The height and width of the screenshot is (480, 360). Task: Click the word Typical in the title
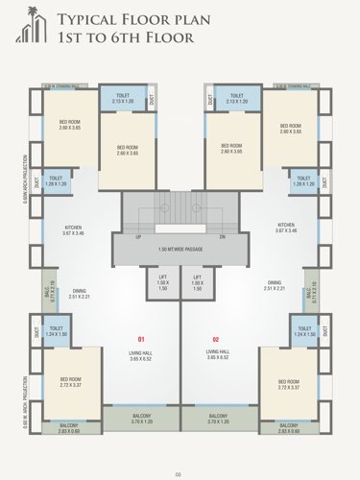(84, 19)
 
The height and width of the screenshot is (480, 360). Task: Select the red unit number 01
(140, 340)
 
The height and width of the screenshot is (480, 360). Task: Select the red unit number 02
(216, 340)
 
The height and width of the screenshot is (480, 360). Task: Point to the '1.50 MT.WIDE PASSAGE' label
(179, 249)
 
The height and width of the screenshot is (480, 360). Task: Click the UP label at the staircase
(139, 236)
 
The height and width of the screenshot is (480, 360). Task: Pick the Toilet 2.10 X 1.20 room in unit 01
(123, 98)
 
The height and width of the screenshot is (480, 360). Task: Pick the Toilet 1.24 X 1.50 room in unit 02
(304, 332)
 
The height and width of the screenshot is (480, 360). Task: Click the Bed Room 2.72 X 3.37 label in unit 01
(71, 381)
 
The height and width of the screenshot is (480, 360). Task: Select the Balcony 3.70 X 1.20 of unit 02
(219, 419)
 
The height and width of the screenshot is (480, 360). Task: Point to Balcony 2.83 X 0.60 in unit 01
(69, 427)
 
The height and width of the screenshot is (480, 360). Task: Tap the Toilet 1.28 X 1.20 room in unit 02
(304, 180)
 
